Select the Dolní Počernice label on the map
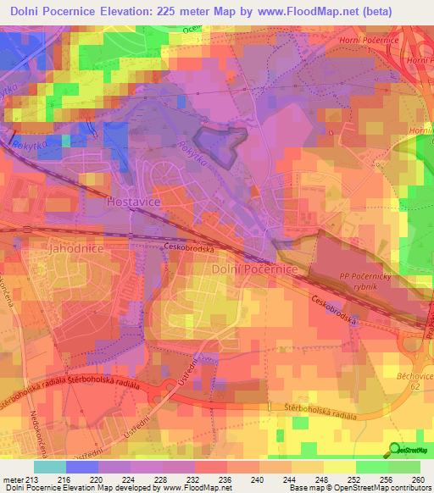253,269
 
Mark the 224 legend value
130,479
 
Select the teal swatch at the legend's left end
50,467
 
